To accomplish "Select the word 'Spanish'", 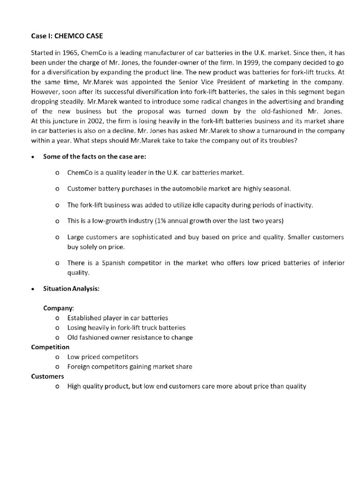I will coord(111,263).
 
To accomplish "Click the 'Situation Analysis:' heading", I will coord(71,289).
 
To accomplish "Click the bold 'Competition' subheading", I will coord(50,347).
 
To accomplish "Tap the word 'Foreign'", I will coord(80,367).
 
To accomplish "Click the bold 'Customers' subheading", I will coord(47,376).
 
